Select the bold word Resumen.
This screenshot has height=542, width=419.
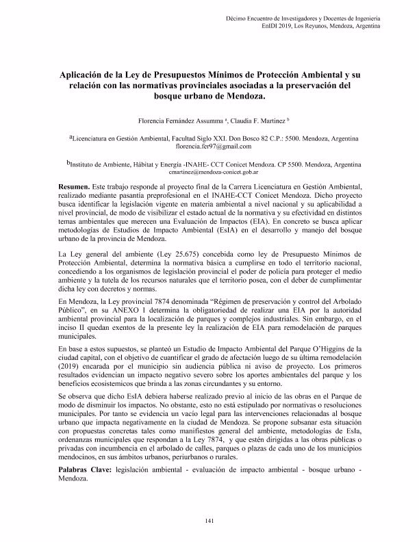click(74, 186)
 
